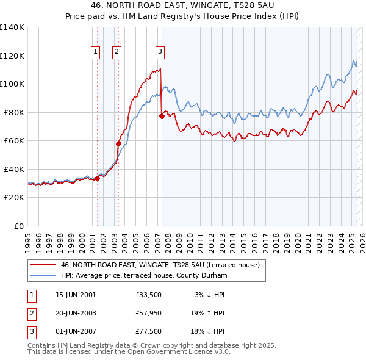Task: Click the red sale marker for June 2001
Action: coord(97,178)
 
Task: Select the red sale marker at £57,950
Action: coord(119,143)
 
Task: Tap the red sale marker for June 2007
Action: coord(162,116)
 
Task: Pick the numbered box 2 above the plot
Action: coord(116,52)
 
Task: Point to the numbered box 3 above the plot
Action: coord(160,52)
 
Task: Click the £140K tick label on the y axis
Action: coord(12,27)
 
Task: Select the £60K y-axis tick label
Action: coord(14,140)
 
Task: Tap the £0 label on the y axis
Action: coord(20,226)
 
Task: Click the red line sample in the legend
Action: coord(43,265)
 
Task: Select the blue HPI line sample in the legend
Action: coord(43,276)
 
